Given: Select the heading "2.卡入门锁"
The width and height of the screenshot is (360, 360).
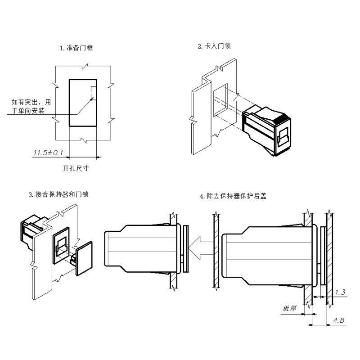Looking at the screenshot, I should coord(214,46).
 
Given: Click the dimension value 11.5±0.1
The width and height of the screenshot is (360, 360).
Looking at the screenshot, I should coord(48,153).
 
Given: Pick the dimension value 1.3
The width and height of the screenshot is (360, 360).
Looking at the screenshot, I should coord(340,292).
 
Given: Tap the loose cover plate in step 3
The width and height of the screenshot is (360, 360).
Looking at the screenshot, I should coord(84,260).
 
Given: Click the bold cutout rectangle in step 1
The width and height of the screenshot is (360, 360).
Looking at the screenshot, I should coord(83,103).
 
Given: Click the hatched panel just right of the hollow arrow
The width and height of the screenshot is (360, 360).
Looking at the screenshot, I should coord(216,252).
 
